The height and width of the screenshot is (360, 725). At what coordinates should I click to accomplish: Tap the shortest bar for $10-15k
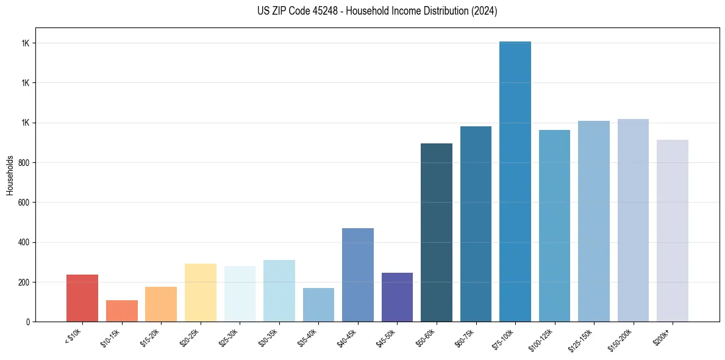[121, 311]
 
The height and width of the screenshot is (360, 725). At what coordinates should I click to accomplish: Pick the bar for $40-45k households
[358, 275]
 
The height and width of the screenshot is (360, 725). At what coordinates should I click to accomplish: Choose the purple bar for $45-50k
[397, 297]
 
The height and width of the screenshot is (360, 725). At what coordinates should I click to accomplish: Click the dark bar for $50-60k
[437, 232]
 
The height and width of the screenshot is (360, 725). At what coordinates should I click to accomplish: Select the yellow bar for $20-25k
[201, 292]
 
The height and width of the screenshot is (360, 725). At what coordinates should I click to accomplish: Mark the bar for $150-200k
[633, 220]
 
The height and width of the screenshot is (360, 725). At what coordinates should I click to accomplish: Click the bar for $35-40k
[318, 304]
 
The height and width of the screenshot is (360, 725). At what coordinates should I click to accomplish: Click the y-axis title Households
[10, 175]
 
